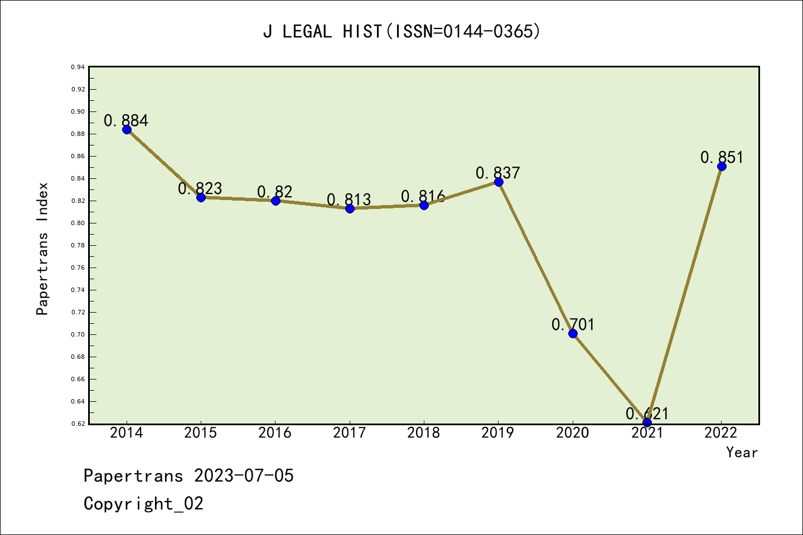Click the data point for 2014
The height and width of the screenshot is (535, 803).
click(x=127, y=130)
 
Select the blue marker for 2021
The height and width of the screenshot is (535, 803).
click(x=647, y=422)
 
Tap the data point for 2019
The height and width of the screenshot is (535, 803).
click(x=499, y=182)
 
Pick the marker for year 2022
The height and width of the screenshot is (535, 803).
click(x=722, y=166)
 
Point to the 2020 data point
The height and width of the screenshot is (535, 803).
click(x=573, y=334)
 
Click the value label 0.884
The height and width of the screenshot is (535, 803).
click(x=126, y=120)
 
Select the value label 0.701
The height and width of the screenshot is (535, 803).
click(x=573, y=324)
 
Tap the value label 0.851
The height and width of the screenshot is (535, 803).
click(x=722, y=157)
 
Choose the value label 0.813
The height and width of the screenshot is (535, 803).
click(x=349, y=200)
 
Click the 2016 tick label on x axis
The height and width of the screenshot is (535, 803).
click(x=275, y=433)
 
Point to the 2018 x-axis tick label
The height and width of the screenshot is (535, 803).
click(x=424, y=433)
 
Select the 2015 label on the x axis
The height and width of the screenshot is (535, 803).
click(x=201, y=433)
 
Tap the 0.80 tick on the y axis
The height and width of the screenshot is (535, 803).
click(x=78, y=223)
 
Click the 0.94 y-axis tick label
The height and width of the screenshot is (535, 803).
click(x=78, y=67)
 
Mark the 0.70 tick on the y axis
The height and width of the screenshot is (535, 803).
click(x=78, y=334)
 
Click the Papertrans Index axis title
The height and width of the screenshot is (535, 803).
click(x=42, y=249)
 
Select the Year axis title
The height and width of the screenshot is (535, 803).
click(x=742, y=453)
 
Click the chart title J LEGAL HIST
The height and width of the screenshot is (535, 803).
click(x=401, y=32)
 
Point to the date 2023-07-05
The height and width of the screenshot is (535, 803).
click(x=244, y=476)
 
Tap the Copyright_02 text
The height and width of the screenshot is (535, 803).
click(x=143, y=504)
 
